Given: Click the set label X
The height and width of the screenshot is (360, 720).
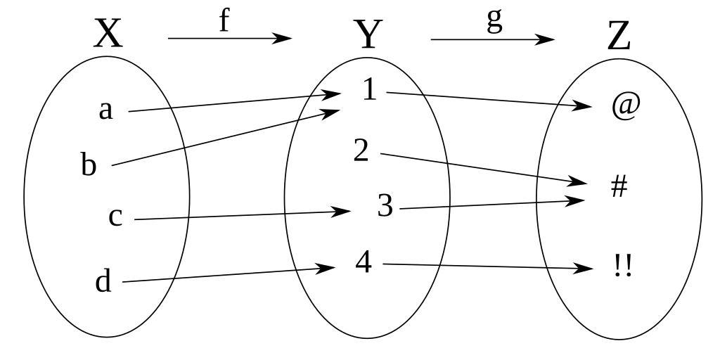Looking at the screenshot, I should (x=108, y=34).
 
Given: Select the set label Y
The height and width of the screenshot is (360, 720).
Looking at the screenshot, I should (x=367, y=35).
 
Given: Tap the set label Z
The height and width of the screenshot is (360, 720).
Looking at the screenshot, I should (x=619, y=37).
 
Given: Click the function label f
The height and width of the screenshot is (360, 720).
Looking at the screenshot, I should (x=224, y=20).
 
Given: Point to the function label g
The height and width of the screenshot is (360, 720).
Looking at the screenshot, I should (x=495, y=20).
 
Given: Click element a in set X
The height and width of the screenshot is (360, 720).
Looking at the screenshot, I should (x=105, y=110).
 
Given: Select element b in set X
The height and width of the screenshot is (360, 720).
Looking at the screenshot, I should (x=88, y=165).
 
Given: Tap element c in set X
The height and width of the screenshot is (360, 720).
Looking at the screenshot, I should (x=115, y=217).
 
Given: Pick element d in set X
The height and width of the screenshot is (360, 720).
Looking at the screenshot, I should (x=103, y=282).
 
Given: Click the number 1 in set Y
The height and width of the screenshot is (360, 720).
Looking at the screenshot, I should (x=370, y=90).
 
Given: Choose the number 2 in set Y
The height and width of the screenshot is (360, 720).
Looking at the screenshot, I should (x=361, y=150).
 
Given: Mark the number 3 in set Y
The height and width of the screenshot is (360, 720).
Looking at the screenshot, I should (x=385, y=206).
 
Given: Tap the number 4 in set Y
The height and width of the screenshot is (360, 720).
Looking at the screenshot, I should (x=363, y=262).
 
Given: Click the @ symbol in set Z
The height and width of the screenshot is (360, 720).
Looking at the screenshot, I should (x=625, y=106).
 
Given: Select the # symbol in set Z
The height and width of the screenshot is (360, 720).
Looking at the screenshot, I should (x=619, y=187).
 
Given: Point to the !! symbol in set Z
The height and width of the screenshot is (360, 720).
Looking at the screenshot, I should (x=622, y=266).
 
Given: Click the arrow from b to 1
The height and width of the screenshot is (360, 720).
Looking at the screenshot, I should (x=225, y=137).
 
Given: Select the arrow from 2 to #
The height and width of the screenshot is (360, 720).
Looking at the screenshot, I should (x=485, y=169).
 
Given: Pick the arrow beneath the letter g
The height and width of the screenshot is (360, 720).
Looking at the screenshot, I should (x=492, y=39).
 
